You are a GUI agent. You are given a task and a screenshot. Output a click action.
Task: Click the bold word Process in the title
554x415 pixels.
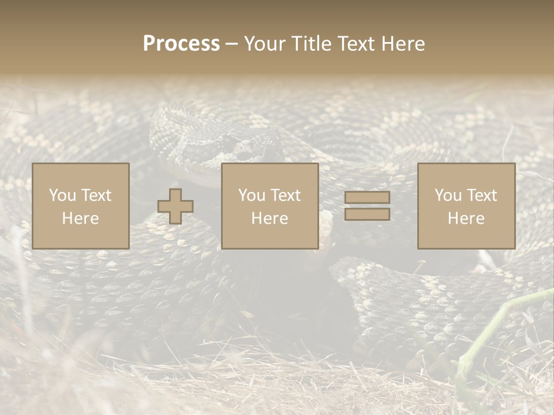pyautogui.click(x=181, y=44)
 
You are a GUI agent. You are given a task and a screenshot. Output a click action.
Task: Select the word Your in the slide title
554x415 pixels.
pyautogui.click(x=265, y=44)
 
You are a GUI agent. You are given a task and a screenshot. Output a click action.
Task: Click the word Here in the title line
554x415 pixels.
pyautogui.click(x=403, y=44)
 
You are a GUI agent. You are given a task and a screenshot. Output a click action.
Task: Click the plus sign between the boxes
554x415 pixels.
pyautogui.click(x=175, y=206)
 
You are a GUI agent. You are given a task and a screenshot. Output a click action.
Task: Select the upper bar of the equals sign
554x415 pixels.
pyautogui.click(x=367, y=197)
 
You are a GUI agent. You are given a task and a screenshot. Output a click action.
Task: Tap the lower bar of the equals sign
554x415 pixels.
pyautogui.click(x=367, y=214)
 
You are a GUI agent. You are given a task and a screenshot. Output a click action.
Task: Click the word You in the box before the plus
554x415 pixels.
pyautogui.click(x=61, y=195)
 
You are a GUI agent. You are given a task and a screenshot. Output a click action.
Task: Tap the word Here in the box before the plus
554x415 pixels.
pyautogui.click(x=80, y=218)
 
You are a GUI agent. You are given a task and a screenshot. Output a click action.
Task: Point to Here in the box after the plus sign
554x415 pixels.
pyautogui.click(x=269, y=218)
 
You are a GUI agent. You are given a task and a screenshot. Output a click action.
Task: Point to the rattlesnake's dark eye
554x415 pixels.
pyautogui.click(x=230, y=141)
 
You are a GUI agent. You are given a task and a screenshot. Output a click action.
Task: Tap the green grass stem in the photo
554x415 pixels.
pyautogui.click(x=496, y=323)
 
